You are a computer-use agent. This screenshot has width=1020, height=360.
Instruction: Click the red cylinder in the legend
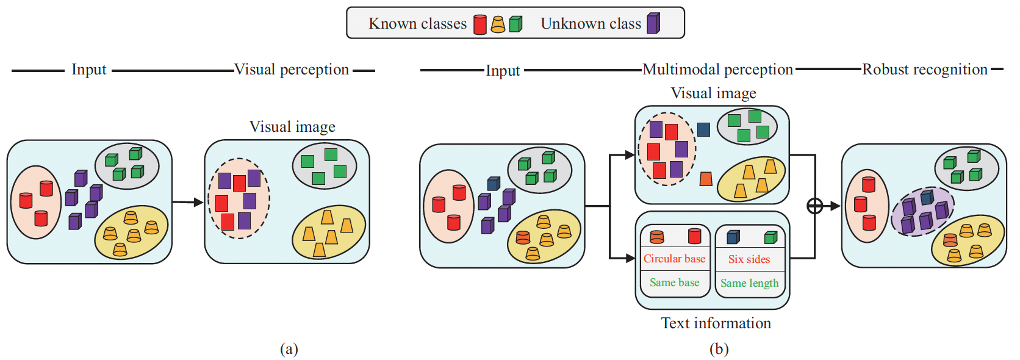pyautogui.click(x=480, y=24)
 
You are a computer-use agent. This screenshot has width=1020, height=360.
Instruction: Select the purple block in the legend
pyautogui.click(x=653, y=24)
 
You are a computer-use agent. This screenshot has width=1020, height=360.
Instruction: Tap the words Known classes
pyautogui.click(x=417, y=24)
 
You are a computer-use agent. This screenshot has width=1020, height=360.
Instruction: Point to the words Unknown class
pyautogui.click(x=591, y=24)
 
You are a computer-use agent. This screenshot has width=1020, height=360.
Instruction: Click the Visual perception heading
pyautogui.click(x=292, y=70)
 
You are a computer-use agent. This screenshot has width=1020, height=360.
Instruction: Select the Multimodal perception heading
pyautogui.click(x=717, y=70)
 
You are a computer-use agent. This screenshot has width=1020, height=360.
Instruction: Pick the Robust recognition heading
pyautogui.click(x=924, y=70)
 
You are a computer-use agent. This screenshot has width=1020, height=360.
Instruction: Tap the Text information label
pyautogui.click(x=716, y=323)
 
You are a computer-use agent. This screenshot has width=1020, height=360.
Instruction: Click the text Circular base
pyautogui.click(x=674, y=259)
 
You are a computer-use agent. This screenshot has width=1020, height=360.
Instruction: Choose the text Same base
pyautogui.click(x=674, y=283)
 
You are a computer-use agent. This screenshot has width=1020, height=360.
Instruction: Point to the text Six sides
pyautogui.click(x=749, y=259)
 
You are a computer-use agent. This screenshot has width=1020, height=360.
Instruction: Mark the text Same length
pyautogui.click(x=749, y=283)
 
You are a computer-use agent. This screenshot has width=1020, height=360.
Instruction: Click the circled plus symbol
pyautogui.click(x=815, y=206)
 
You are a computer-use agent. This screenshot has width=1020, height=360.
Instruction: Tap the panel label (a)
pyautogui.click(x=289, y=348)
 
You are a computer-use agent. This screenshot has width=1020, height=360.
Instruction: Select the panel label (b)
pyautogui.click(x=719, y=348)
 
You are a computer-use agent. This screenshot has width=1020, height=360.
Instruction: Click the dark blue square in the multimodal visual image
pyautogui.click(x=703, y=129)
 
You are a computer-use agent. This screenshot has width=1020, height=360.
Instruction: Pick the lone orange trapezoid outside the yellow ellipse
pyautogui.click(x=706, y=179)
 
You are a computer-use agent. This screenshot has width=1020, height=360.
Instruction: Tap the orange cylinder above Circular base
pyautogui.click(x=657, y=237)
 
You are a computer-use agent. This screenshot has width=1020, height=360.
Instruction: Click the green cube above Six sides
pyautogui.click(x=770, y=237)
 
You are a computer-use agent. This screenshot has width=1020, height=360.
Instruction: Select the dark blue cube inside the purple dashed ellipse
pyautogui.click(x=927, y=198)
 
